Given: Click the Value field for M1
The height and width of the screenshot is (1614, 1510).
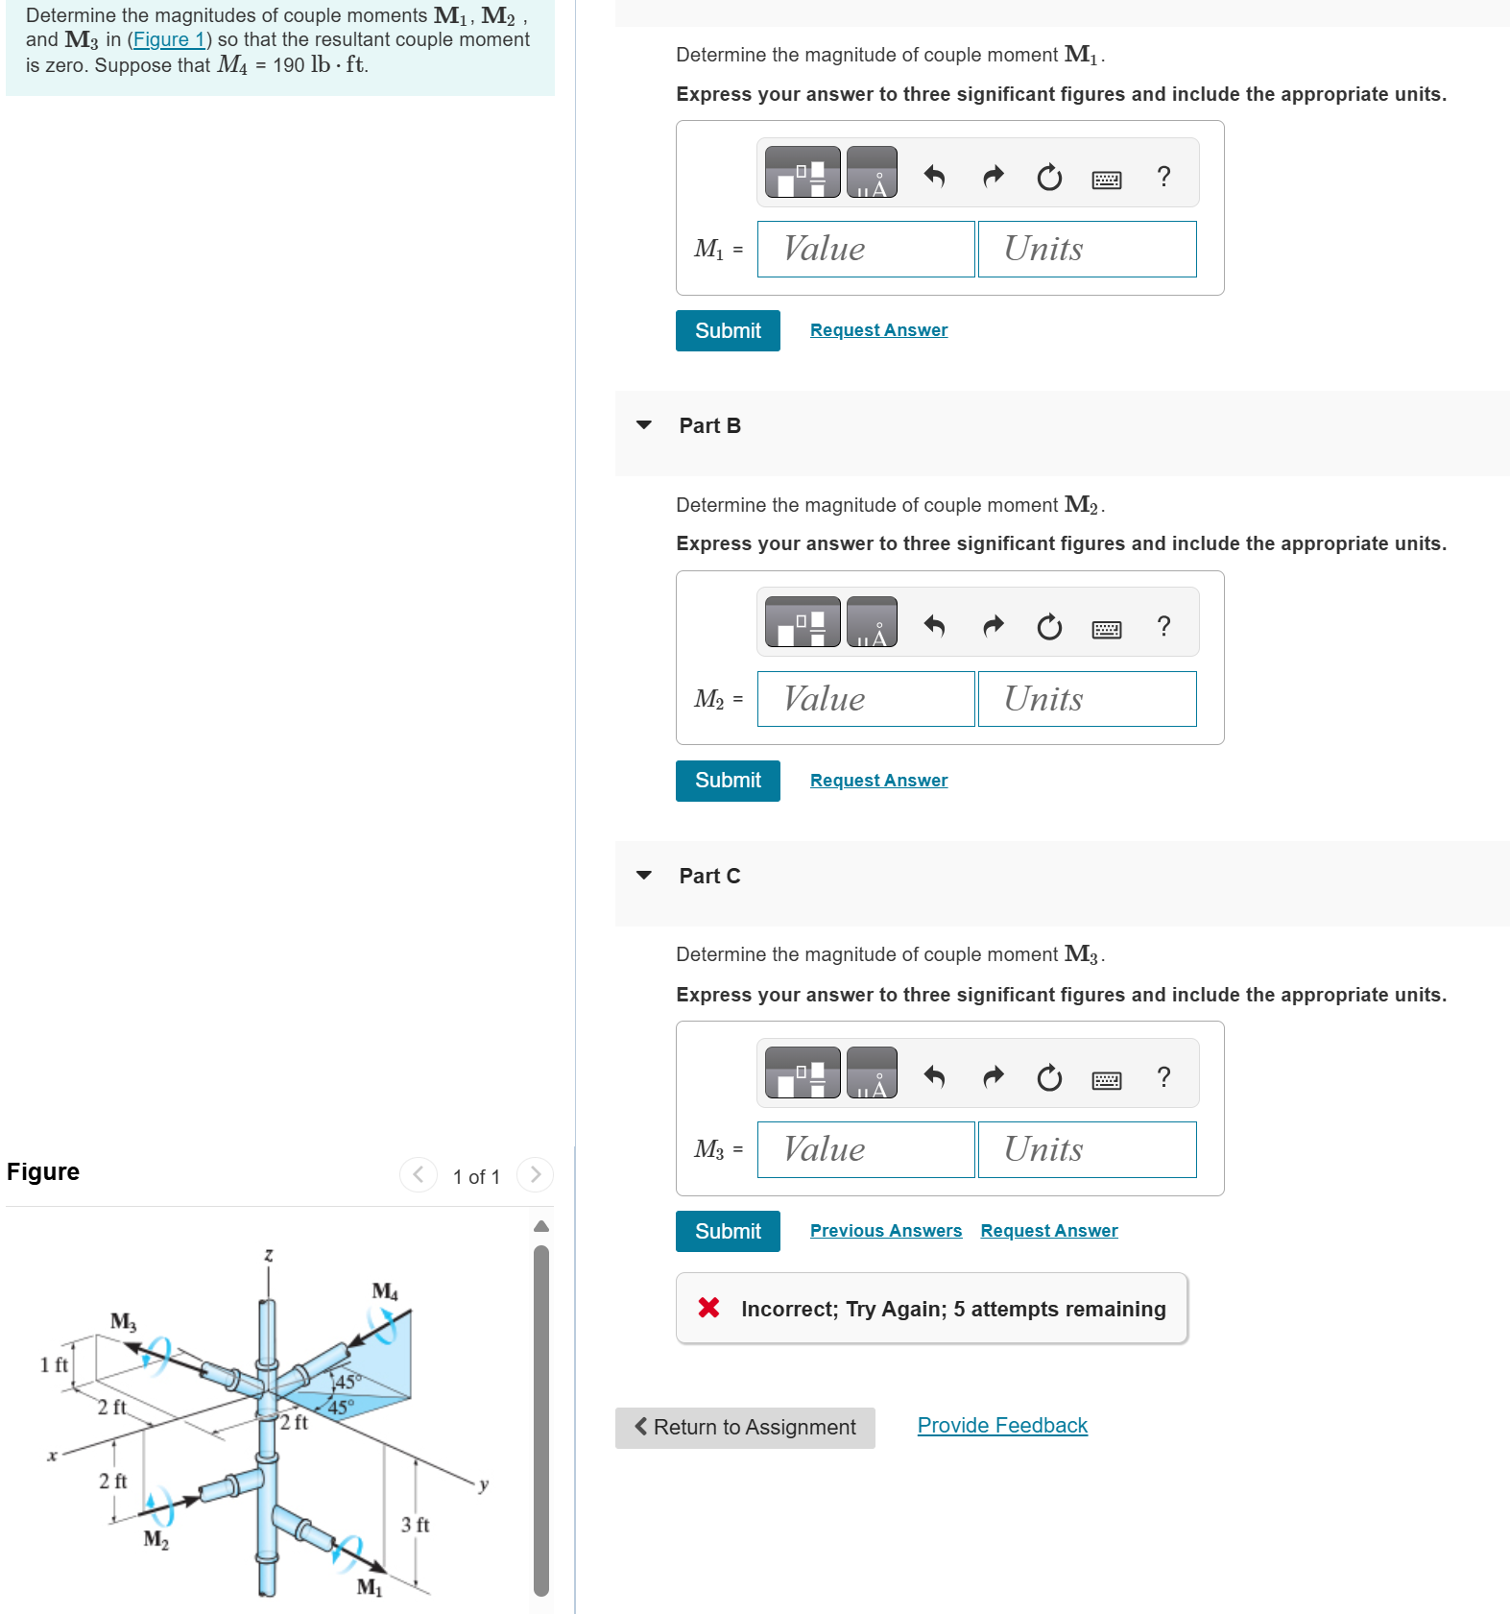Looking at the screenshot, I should coord(865,250).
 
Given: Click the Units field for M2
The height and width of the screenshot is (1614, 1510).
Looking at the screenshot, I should coord(1086,699).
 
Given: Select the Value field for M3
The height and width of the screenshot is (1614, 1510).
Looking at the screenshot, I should coord(865,1149).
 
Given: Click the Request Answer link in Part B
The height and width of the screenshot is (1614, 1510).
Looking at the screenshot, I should coord(877,781).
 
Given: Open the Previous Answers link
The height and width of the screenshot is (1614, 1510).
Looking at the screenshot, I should coord(885,1231).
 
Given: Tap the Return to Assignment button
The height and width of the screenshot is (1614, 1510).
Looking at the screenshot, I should coord(744,1428).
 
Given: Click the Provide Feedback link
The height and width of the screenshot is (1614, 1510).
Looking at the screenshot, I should coord(1001,1426).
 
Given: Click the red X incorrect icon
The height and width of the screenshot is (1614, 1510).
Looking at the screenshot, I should coord(708,1308).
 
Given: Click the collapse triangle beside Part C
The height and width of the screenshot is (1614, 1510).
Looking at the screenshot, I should coord(643,876).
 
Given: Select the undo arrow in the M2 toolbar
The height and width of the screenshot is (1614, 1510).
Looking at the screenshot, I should coord(934,627).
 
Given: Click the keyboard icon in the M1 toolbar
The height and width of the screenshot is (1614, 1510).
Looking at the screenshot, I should coord(1106,180).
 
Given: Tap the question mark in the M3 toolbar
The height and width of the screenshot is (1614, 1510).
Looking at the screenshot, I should coord(1163,1077).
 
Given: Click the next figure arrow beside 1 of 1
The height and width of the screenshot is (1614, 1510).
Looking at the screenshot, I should coord(535,1174).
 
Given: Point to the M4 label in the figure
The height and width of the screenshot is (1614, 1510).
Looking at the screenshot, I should coord(385,1291).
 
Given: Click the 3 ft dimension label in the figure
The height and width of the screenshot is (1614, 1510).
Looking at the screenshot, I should coord(415,1525).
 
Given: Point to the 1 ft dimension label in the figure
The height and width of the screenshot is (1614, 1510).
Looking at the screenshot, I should coord(54,1364).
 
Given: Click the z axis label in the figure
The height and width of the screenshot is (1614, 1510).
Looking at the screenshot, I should coord(269,1256).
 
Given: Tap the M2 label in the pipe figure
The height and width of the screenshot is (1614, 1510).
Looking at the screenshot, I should coord(156,1540).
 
